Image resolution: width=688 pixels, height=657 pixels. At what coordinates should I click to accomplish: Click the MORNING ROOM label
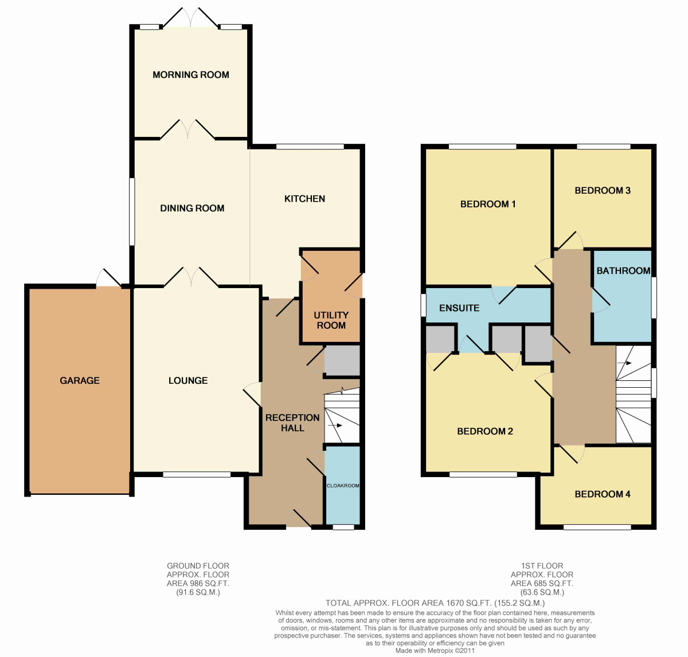[190, 74]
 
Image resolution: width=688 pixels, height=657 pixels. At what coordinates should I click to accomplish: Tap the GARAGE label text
[80, 380]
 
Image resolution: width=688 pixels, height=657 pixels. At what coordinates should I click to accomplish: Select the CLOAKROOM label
[343, 486]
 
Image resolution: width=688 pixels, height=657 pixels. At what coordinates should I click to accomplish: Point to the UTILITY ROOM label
[331, 320]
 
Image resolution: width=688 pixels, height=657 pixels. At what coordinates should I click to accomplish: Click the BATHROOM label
[623, 270]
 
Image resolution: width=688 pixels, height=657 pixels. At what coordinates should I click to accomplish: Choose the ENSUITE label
[459, 308]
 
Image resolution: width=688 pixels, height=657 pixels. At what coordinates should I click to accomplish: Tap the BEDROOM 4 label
[603, 494]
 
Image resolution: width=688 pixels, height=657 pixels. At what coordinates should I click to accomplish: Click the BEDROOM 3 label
[603, 191]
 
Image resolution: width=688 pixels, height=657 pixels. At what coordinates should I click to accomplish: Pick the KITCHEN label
[304, 199]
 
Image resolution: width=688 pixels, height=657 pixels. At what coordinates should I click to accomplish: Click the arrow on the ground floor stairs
[335, 425]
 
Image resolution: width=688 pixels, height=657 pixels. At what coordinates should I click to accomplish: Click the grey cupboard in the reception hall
[342, 360]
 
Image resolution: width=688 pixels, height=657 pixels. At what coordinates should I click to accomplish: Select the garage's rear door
[109, 278]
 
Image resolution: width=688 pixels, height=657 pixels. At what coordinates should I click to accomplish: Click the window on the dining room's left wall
[131, 211]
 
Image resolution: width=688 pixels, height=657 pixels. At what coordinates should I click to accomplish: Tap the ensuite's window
[423, 305]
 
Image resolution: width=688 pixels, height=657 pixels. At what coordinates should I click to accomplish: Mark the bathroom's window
[654, 297]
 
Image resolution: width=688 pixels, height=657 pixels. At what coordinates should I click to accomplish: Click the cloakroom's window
[343, 528]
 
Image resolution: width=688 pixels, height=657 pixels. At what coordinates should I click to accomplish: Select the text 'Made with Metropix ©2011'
[435, 650]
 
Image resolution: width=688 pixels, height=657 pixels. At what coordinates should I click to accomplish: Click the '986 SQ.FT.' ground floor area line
[198, 583]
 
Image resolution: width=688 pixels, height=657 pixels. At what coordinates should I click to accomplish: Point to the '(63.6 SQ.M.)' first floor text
[542, 592]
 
